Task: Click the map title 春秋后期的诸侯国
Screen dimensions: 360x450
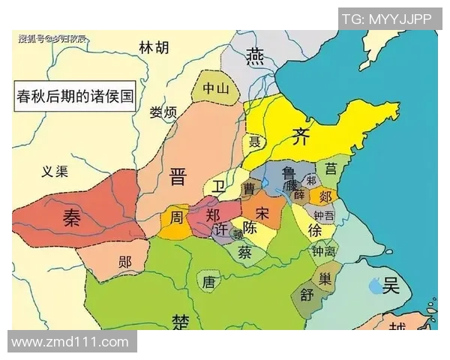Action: click(75, 97)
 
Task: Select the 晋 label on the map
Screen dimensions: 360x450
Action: click(178, 177)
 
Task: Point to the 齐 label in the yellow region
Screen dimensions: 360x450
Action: click(301, 136)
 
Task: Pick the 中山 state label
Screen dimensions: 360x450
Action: click(215, 88)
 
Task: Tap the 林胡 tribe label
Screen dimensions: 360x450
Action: click(154, 49)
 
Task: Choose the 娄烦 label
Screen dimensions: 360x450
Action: click(163, 112)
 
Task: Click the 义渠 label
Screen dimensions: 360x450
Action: click(54, 172)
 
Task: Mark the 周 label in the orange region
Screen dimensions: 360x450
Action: click(175, 218)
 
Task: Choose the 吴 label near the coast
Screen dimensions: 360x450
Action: click(390, 285)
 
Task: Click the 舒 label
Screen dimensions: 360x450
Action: click(307, 295)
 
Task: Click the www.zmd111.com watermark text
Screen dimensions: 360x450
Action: click(70, 342)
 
